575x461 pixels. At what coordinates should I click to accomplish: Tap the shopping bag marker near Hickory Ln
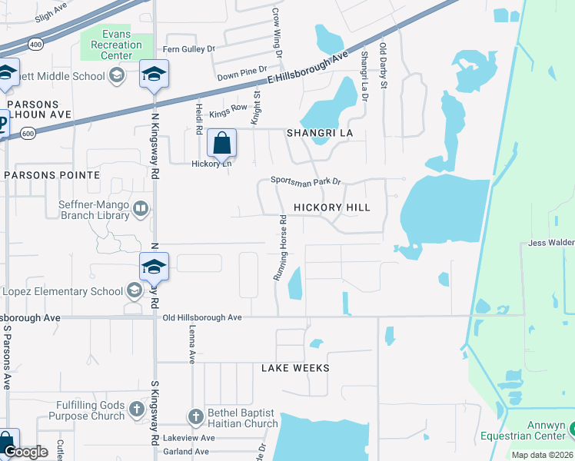pos(221,143)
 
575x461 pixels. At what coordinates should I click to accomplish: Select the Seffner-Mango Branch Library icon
pos(141,207)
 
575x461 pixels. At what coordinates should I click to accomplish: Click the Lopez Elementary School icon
pos(135,290)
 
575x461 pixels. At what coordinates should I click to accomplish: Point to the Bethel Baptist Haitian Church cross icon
pos(195,416)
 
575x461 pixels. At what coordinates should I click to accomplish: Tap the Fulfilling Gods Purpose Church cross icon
pos(137,408)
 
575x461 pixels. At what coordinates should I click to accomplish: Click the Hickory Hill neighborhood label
pos(331,207)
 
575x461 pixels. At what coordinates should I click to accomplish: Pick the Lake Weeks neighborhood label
pos(295,368)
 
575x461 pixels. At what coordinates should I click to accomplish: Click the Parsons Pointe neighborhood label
pos(52,175)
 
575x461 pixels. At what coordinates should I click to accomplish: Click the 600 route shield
pos(28,133)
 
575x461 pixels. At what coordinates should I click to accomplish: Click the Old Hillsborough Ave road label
pos(201,317)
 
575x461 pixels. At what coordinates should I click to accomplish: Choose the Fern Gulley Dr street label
pos(188,49)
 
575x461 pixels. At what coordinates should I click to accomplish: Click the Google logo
pos(25,452)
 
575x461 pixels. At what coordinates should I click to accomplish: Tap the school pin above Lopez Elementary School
pos(154,266)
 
